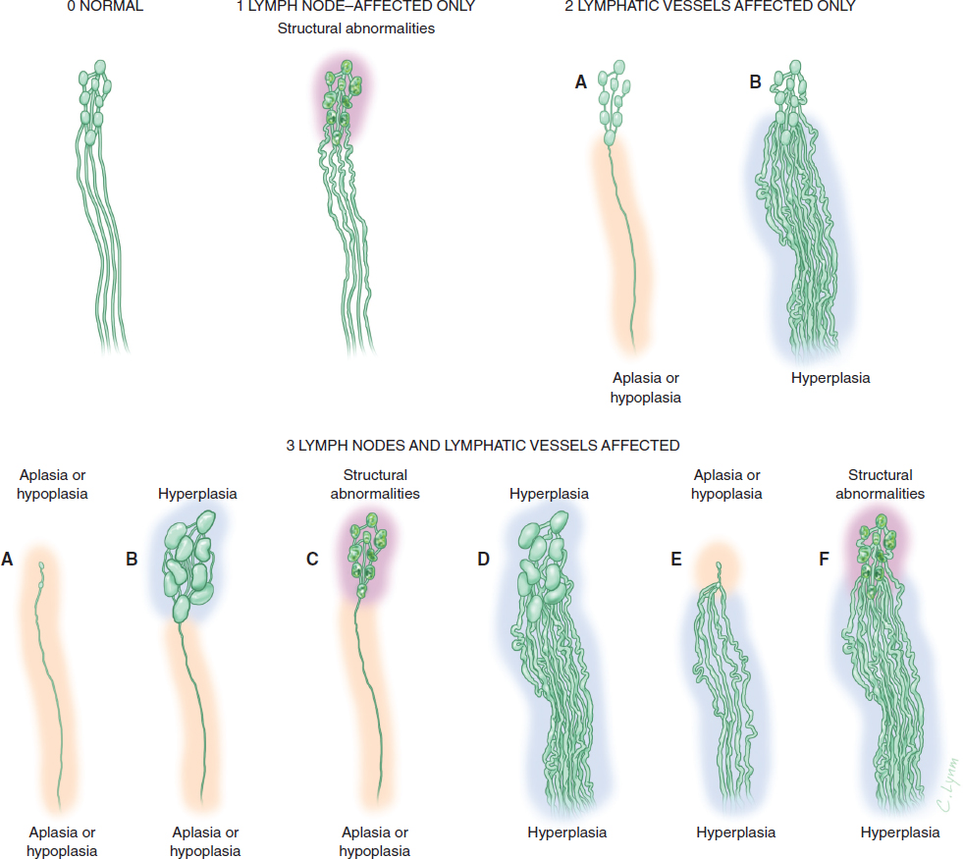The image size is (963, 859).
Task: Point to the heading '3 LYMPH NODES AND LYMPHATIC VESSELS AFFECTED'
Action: point(482,445)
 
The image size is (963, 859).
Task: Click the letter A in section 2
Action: point(580,83)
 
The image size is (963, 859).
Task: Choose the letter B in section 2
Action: point(755,83)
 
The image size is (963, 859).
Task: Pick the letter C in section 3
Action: point(312,559)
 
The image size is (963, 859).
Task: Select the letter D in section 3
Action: point(483,559)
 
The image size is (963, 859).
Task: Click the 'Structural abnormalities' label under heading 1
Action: point(356,28)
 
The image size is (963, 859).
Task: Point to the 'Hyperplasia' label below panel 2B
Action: point(829,376)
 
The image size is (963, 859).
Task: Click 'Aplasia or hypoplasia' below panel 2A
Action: point(646,387)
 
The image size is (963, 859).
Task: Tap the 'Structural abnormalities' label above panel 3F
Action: point(880,484)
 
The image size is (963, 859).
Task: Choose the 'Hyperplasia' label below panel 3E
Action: point(735,832)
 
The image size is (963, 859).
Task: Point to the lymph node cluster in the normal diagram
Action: point(94,98)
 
